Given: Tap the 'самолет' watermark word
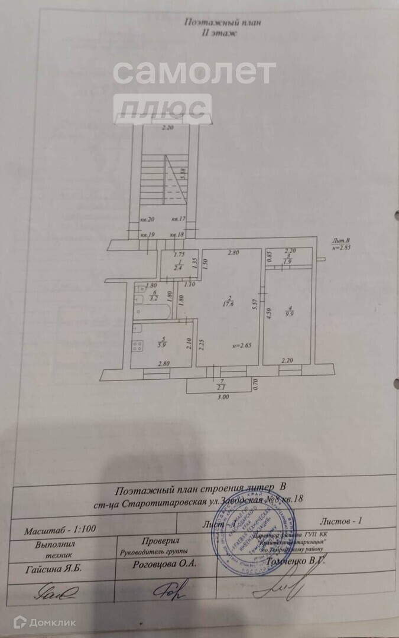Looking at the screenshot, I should click(193, 73).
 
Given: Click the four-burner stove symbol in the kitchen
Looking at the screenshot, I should click(138, 346).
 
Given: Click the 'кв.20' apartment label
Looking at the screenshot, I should click(147, 220).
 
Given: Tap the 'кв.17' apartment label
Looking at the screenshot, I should click(178, 220).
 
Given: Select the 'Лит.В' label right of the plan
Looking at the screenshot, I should click(340, 240).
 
